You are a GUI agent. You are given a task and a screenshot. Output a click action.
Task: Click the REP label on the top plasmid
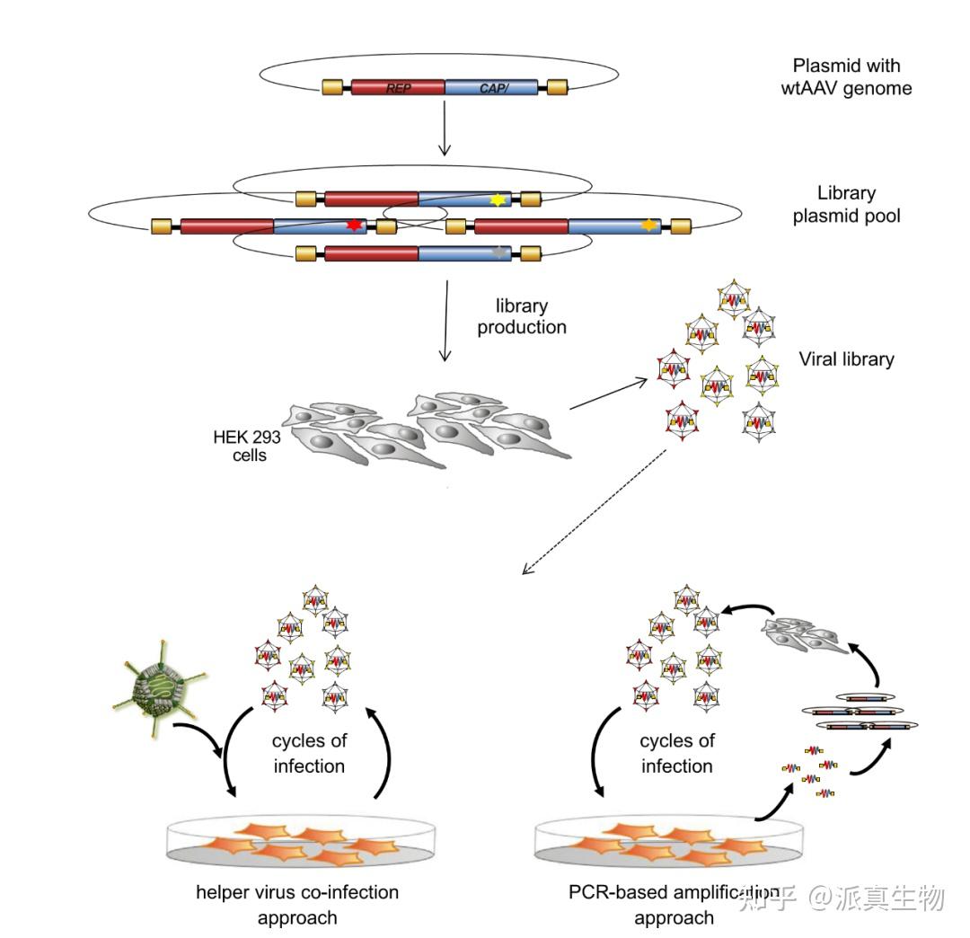click(x=399, y=88)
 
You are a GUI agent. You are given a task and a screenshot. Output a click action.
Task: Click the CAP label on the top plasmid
click(x=494, y=88)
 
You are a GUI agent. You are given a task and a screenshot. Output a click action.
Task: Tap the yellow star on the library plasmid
click(x=498, y=199)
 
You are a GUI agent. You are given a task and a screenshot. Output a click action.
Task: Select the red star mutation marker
click(x=354, y=226)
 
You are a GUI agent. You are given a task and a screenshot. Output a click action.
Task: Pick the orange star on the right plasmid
click(x=648, y=225)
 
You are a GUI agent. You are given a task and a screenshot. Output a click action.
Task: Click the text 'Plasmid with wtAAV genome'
click(x=846, y=76)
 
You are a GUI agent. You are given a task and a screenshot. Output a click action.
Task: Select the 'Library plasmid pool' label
click(x=846, y=204)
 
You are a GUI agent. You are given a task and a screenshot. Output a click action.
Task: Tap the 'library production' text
click(x=522, y=316)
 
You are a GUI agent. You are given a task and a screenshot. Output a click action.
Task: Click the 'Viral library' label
click(x=846, y=358)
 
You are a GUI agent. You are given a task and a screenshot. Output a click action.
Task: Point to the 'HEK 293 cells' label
click(x=247, y=447)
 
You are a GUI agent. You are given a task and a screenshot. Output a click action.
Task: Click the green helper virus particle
click(x=160, y=686)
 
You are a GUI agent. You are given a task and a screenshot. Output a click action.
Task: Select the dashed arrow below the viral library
click(x=595, y=512)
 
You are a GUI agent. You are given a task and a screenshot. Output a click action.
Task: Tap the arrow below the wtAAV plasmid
click(x=445, y=128)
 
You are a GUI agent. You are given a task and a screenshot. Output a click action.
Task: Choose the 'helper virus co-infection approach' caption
click(x=297, y=905)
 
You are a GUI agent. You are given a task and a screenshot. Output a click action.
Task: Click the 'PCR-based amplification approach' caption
click(x=674, y=905)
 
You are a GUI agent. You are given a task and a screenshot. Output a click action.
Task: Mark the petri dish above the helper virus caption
click(x=301, y=842)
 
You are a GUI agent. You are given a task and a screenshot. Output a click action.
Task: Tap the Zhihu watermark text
click(x=842, y=898)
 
